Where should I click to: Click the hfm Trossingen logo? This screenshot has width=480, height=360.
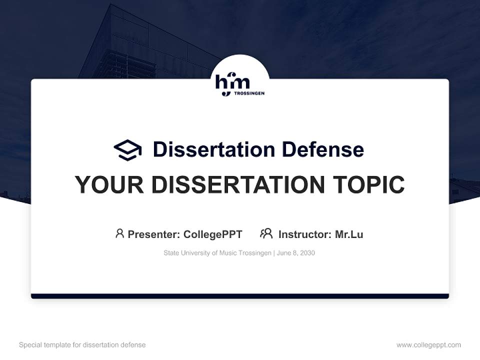[239, 84]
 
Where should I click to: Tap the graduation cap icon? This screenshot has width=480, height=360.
[127, 149]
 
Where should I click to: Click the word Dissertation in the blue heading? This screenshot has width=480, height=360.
[213, 149]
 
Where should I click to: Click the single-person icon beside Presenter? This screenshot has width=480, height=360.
[119, 233]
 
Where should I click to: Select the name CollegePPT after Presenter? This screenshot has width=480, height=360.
[212, 234]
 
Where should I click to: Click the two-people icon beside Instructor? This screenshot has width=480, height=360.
[266, 233]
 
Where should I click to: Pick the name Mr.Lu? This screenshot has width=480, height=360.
[349, 234]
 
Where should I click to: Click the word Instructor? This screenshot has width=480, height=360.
[304, 234]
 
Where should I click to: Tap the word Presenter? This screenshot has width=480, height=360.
[154, 234]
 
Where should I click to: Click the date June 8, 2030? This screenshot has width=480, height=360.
[295, 253]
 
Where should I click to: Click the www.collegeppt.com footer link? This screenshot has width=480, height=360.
[428, 344]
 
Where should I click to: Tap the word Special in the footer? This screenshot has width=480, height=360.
[30, 344]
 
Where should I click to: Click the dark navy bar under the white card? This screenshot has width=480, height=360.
[239, 296]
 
